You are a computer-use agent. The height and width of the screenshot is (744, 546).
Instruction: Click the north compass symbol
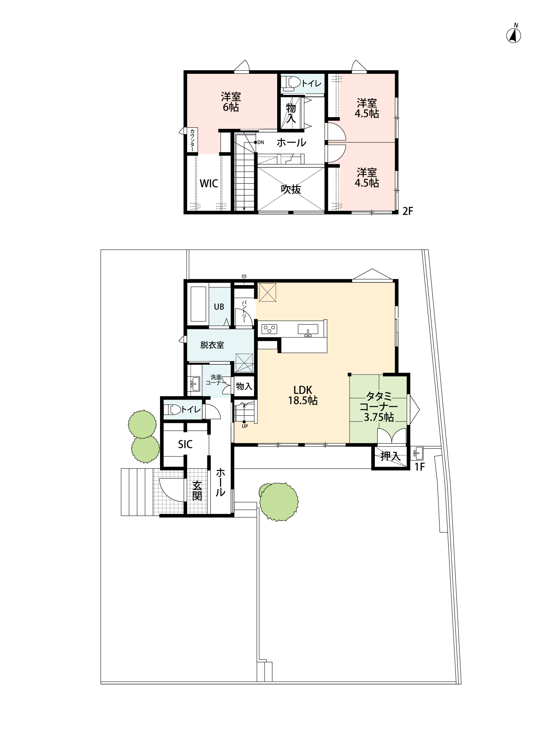[513, 35]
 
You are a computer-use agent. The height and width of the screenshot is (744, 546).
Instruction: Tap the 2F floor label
[408, 211]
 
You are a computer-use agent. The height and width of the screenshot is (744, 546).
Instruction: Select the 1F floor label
[420, 467]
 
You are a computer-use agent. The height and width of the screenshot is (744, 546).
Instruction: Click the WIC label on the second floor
[208, 183]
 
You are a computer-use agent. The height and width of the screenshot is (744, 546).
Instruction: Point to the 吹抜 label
[291, 189]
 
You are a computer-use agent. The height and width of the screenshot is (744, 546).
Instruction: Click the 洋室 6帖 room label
[231, 102]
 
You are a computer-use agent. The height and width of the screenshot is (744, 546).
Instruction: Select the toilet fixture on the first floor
[172, 409]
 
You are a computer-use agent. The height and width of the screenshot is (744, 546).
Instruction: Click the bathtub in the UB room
[198, 304]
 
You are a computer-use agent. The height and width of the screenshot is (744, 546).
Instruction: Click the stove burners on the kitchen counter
[269, 329]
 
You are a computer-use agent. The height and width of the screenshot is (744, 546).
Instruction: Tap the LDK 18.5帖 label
[303, 395]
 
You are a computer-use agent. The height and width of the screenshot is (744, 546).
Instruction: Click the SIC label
[185, 444]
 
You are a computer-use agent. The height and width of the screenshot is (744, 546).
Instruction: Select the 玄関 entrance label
[197, 491]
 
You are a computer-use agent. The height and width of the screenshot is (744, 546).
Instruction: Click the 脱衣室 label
[212, 345]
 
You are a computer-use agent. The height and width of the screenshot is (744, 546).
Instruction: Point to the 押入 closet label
[391, 456]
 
